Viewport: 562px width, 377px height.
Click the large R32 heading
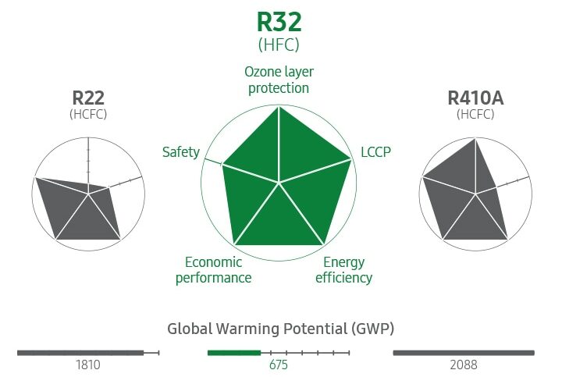click(279, 23)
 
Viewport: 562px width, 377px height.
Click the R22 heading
click(88, 98)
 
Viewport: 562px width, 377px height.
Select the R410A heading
click(475, 98)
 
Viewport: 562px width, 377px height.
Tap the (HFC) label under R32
click(279, 45)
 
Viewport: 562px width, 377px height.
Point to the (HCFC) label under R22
click(88, 115)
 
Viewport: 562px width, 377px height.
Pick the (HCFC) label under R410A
click(475, 115)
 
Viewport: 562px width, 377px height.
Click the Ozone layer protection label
click(279, 80)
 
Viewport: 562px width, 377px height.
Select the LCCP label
click(375, 151)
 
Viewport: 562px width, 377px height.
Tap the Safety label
click(181, 151)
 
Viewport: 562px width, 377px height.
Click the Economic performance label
click(213, 270)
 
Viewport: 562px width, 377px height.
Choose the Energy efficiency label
click(343, 270)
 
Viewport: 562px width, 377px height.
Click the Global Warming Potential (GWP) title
click(279, 328)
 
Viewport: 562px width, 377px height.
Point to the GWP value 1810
click(87, 365)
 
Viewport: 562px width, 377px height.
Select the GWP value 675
click(279, 365)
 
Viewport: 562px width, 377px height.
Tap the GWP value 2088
click(464, 365)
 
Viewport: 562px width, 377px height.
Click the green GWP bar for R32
click(233, 353)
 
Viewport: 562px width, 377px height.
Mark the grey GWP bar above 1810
click(80, 353)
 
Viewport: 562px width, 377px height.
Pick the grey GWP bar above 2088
click(464, 353)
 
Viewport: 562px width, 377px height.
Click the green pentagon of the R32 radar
click(279, 187)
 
